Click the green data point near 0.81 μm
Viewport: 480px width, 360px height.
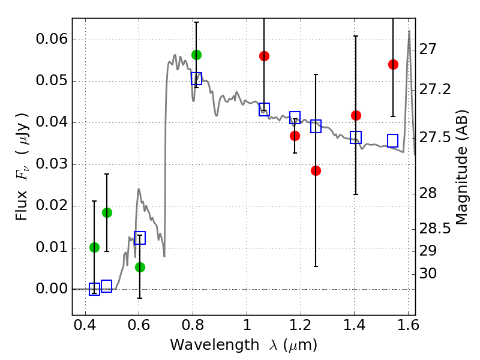[196, 55]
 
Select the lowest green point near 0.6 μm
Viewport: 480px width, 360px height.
[140, 267]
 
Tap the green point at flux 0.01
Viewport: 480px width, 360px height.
[94, 247]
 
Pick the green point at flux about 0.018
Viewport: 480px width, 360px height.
[107, 212]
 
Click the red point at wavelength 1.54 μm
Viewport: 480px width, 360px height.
[393, 64]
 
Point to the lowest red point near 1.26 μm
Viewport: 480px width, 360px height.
[316, 170]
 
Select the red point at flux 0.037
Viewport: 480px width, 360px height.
[295, 136]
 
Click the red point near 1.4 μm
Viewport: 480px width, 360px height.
[356, 115]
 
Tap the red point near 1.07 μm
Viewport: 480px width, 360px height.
[264, 56]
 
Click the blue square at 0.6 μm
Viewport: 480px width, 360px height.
[140, 238]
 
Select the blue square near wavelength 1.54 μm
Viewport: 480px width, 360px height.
[393, 140]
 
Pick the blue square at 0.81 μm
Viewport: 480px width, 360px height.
[196, 78]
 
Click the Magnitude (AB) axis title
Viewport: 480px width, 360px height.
[461, 167]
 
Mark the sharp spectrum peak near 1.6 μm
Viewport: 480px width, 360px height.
[409, 31]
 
